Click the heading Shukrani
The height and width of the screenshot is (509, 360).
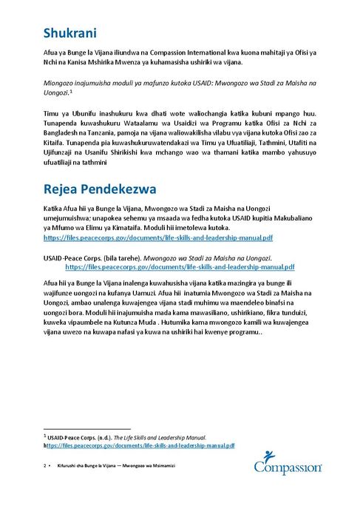point(71,33)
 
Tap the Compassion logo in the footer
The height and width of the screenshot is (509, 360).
point(287,462)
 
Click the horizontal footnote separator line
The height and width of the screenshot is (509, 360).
point(87,428)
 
